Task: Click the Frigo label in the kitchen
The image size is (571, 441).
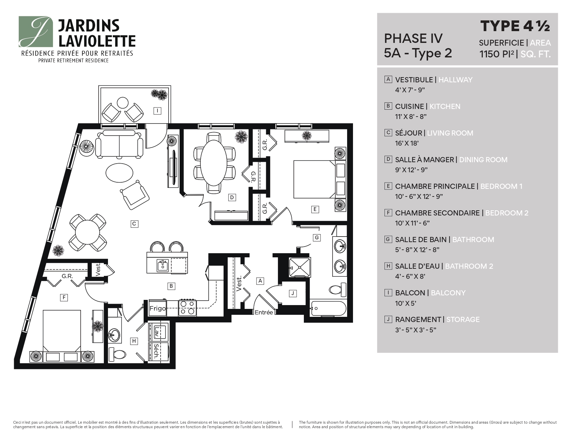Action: click(158, 308)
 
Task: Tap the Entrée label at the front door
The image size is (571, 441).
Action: click(264, 312)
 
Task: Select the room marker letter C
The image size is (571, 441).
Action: click(134, 224)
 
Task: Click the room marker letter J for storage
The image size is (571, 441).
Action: click(292, 293)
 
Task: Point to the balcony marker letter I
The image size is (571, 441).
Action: click(157, 111)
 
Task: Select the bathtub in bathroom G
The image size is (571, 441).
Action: click(328, 308)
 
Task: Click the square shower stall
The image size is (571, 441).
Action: click(300, 267)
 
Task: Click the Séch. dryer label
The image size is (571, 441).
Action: click(157, 351)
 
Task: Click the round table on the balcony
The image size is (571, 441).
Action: click(123, 103)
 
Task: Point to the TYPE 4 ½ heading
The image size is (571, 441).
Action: click(515, 26)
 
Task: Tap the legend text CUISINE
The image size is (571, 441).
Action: click(409, 107)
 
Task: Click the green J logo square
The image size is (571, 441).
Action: click(36, 31)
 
